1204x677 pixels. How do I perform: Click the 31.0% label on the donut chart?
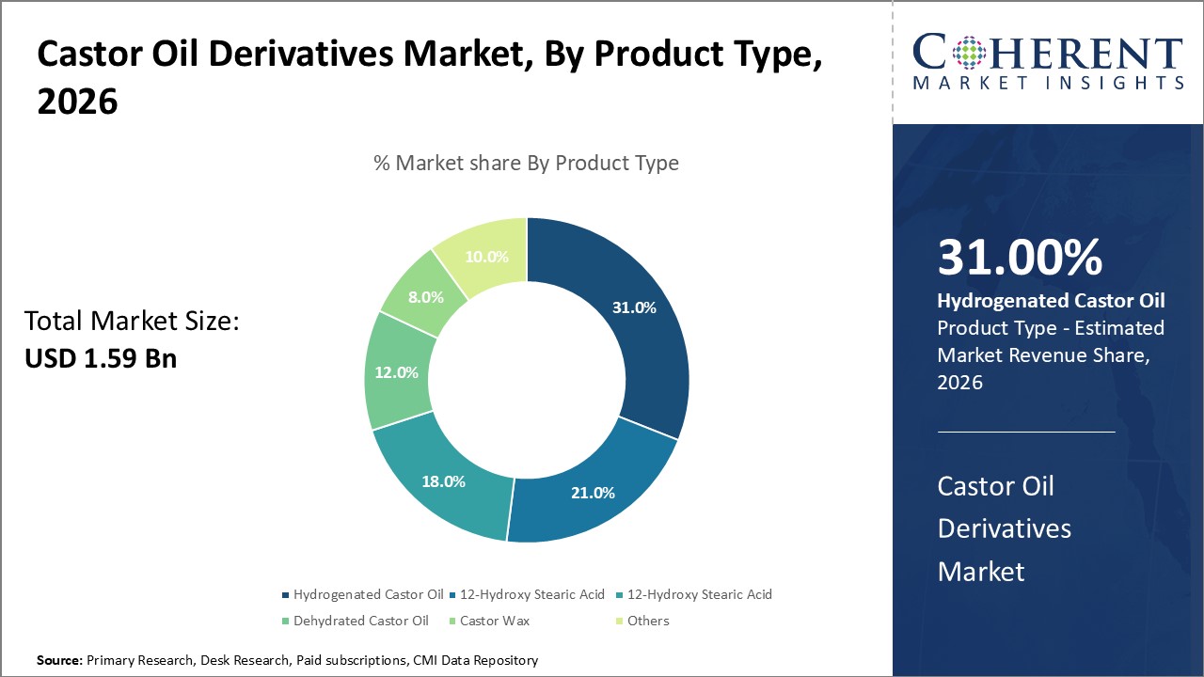click(x=634, y=307)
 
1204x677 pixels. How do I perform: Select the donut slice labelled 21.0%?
click(x=593, y=492)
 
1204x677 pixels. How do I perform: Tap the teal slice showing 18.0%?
click(x=444, y=480)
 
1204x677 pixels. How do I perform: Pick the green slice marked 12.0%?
click(x=397, y=372)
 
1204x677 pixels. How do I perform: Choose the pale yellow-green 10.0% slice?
click(x=486, y=256)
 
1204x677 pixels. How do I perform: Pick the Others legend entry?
click(x=647, y=621)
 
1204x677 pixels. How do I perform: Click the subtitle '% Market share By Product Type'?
click(x=526, y=163)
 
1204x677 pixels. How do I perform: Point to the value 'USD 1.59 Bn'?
click(x=101, y=358)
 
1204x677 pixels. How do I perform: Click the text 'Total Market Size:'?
click(x=132, y=322)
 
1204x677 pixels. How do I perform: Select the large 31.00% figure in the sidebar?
click(x=1020, y=258)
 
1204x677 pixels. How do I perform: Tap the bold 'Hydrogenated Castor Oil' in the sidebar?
click(x=1051, y=301)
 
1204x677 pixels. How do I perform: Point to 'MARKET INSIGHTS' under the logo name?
click(x=1048, y=83)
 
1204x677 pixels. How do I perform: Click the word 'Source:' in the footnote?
click(x=59, y=660)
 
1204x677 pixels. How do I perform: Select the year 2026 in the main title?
click(x=77, y=102)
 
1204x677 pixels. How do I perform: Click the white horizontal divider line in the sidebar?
click(x=1026, y=433)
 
